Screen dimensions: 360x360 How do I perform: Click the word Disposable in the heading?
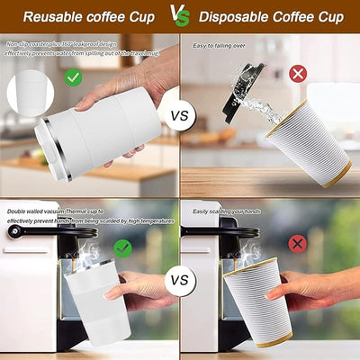coord(235,16)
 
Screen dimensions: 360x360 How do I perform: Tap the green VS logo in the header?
coord(179,15)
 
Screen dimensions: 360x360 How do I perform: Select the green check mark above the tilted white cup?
coord(74,77)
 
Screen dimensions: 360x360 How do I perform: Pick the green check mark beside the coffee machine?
coord(122,247)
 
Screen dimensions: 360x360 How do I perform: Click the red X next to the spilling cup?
coord(298,73)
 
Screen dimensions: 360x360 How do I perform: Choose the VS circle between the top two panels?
coord(180,116)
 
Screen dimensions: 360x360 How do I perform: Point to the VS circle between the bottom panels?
coord(180,280)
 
